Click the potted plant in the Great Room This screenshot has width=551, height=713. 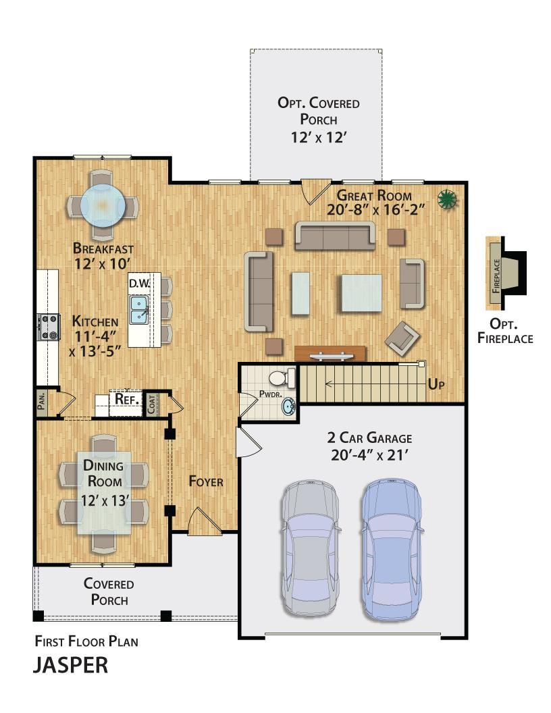pos(447,200)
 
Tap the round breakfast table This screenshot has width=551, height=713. pos(103,205)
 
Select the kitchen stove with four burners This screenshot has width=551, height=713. pos(48,327)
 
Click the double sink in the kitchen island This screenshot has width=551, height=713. pos(138,310)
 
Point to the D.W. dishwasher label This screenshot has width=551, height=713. pos(139,284)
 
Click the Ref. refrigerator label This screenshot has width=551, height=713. pos(127,399)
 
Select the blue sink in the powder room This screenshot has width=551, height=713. pos(289,405)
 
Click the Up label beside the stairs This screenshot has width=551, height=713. pos(436,384)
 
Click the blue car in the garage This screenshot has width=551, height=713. pos(392,550)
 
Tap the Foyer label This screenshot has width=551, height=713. pos(206,481)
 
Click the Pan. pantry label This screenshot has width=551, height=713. pos(41,402)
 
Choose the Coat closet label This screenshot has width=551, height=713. pos(151,404)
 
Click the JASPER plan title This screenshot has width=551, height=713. pos(70,665)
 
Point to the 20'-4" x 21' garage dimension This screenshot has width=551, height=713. pos(369,454)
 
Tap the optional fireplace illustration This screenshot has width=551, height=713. pos(506,273)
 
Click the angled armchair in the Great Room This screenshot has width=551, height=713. pos(402,338)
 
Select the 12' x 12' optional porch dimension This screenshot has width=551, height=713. pos(319,137)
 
